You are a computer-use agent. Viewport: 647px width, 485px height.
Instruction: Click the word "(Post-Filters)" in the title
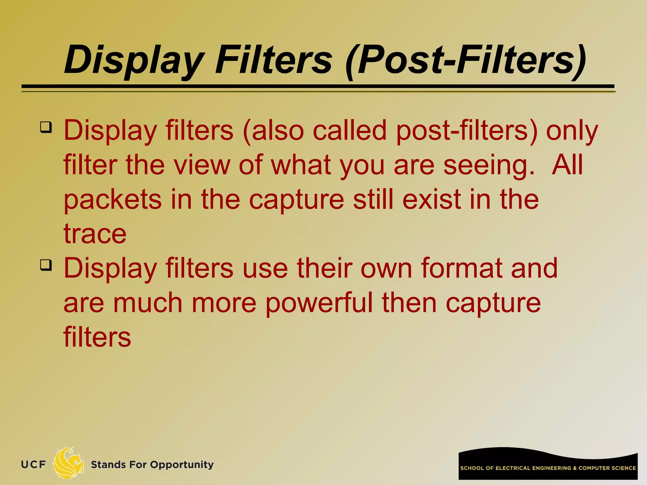click(466, 60)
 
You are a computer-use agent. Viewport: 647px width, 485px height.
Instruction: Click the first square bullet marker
click(46, 127)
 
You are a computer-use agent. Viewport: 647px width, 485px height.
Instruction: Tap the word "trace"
click(95, 234)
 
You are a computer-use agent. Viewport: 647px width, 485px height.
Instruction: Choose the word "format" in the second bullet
click(461, 268)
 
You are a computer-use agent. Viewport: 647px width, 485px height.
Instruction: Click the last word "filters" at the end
click(97, 337)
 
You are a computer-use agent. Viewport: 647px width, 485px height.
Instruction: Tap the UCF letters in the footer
click(33, 464)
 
